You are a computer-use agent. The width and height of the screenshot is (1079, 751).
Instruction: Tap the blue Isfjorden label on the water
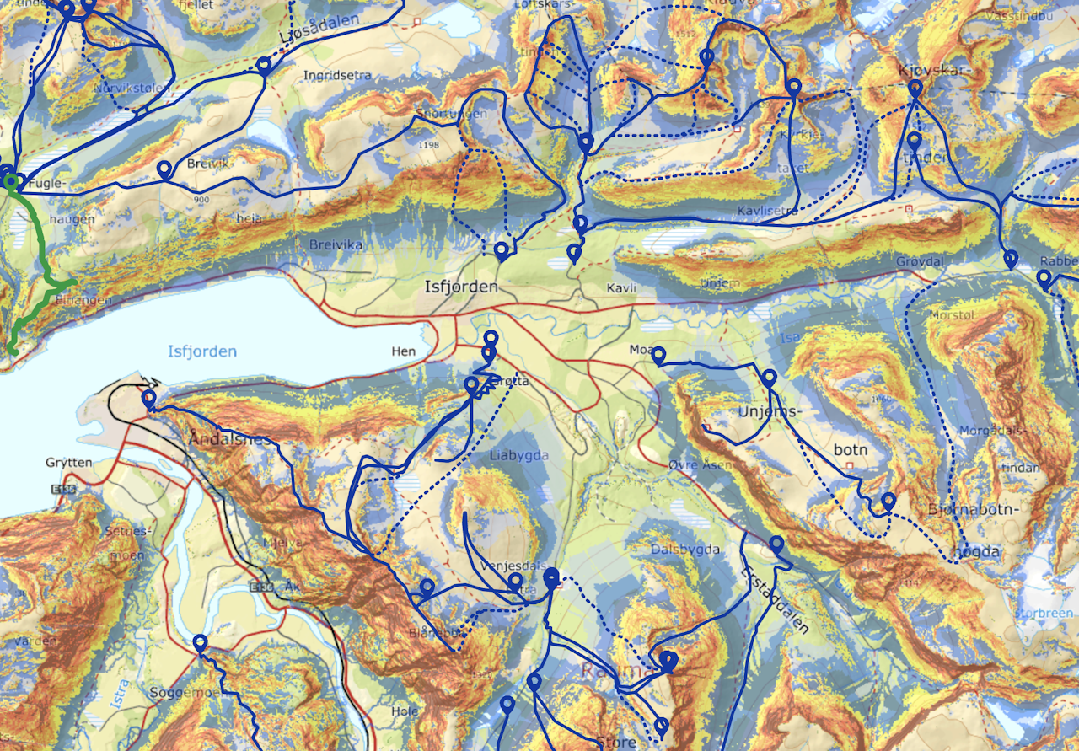(x=202, y=351)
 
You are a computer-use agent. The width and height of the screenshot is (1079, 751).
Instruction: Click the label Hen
(x=404, y=351)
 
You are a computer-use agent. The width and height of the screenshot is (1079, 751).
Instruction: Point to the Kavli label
(x=619, y=288)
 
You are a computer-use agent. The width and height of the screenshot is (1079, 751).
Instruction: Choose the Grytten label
(x=69, y=463)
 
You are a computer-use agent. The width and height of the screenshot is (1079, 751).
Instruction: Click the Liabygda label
(x=518, y=455)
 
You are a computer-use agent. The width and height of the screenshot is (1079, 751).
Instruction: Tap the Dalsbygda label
(x=685, y=550)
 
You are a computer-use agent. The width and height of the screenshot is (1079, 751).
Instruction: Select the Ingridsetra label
(x=337, y=75)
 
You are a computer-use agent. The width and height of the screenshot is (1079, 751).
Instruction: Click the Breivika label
(x=336, y=244)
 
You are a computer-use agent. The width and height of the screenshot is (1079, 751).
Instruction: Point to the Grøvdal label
(x=919, y=262)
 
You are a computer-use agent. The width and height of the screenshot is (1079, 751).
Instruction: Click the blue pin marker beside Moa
(x=659, y=355)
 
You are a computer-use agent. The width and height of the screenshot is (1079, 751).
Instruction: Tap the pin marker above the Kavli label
(x=575, y=251)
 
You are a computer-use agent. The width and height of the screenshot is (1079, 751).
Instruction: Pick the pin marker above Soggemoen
(x=200, y=643)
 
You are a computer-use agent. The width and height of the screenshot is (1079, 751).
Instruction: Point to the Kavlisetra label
(x=767, y=209)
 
